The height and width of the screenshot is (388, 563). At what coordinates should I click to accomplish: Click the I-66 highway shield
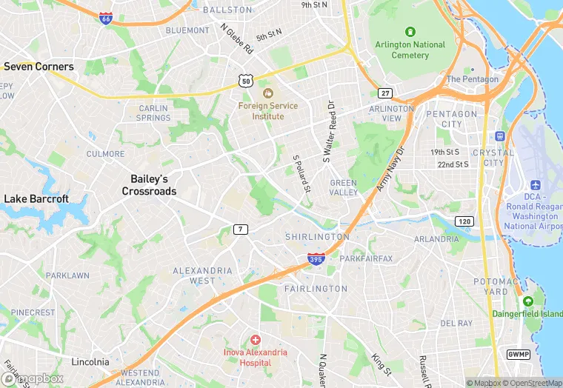coord(106,18)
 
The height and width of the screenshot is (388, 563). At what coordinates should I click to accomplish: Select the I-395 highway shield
coord(315,258)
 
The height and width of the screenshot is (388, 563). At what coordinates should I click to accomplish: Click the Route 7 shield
coord(240,230)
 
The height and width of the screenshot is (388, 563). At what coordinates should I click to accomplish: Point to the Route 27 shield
coord(385,93)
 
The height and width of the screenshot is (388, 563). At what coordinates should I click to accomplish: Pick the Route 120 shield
coord(464,221)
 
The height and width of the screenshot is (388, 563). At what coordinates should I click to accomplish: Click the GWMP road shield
coord(516,355)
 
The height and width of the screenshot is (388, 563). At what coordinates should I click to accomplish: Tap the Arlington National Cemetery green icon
coord(410,32)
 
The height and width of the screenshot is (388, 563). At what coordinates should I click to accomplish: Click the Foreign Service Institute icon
coord(267,93)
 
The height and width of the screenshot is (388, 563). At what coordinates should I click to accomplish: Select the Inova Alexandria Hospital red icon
coord(255,339)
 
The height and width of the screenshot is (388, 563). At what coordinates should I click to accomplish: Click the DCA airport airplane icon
coord(536,184)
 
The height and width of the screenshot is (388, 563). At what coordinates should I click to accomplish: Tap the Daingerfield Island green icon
coord(527,301)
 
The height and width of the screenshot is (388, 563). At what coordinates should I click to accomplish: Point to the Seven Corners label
coord(39,67)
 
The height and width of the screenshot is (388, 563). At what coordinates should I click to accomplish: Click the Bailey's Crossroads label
coord(150,185)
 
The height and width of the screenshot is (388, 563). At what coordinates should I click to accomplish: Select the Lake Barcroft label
coord(36,198)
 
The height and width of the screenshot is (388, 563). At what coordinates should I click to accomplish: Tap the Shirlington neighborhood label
coord(316,237)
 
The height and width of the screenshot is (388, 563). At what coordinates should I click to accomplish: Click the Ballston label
coord(227,10)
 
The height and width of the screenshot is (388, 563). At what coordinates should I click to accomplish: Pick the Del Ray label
coord(456,324)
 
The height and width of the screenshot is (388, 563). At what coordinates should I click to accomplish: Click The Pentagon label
coord(473,79)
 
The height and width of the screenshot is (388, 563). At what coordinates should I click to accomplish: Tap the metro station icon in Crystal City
coord(500,136)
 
